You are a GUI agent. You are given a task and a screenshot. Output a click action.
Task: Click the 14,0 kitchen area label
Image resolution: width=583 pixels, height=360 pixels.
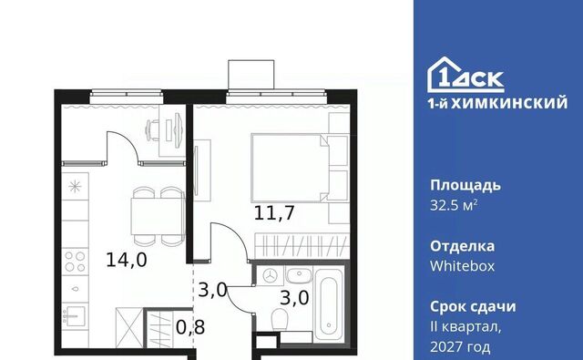(127, 260)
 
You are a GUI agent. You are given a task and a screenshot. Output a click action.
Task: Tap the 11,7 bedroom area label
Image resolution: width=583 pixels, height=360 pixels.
(274, 212)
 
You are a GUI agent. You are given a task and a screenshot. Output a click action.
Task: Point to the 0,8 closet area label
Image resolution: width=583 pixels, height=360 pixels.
(190, 327)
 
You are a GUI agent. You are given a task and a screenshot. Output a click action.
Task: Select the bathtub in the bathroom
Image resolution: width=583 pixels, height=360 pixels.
(328, 303)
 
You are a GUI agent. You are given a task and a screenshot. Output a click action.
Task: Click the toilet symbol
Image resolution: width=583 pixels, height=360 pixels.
(279, 320)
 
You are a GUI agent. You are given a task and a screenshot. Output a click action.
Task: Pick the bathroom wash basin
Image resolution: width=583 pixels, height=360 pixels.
(300, 275)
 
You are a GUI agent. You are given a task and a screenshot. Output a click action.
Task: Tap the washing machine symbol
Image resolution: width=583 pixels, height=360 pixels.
(270, 275)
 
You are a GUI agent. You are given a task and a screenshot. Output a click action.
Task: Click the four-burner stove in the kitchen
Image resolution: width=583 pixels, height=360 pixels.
(75, 262)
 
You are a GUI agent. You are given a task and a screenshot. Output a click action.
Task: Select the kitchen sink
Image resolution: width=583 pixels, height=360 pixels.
(75, 316)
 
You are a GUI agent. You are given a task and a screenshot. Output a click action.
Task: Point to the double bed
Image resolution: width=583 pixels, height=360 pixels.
(290, 168)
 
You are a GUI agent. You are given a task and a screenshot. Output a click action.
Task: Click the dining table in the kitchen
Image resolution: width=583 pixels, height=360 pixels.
(158, 216)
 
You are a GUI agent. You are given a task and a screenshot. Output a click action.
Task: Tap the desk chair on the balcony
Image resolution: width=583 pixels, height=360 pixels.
(151, 129)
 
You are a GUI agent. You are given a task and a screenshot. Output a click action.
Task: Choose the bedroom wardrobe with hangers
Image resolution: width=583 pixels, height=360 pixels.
(302, 246)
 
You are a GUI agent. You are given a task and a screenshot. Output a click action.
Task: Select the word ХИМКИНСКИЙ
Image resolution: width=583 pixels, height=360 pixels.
(509, 103)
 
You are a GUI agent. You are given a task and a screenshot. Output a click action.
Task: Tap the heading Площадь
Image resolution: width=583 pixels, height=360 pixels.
(465, 186)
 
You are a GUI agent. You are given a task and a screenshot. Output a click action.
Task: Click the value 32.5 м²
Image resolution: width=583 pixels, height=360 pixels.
(454, 205)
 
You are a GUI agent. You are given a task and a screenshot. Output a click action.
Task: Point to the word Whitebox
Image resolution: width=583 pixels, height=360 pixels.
(463, 266)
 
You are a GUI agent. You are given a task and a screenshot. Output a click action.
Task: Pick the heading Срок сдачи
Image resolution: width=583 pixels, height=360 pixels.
(473, 307)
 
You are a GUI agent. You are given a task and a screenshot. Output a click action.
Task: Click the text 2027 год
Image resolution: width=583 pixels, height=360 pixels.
(460, 347)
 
